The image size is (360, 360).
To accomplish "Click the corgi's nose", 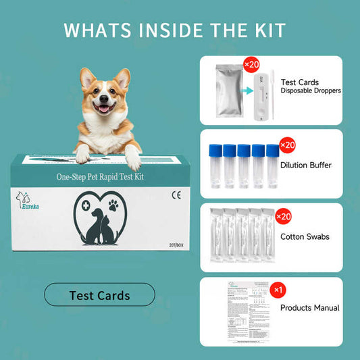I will [x=103, y=99].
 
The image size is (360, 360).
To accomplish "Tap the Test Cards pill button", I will [x=99, y=295].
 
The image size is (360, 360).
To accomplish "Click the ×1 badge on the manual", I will [x=278, y=289].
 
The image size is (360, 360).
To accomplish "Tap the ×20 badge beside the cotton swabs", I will [x=284, y=216].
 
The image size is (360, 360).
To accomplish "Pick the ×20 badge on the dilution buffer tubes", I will [x=287, y=145].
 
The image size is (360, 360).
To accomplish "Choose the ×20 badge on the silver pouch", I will [x=251, y=65].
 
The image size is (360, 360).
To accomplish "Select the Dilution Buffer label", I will [x=306, y=164].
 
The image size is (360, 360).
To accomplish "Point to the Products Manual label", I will [x=309, y=308].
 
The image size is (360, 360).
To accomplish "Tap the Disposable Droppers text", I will [x=311, y=91].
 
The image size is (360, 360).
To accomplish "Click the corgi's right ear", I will [x=87, y=78].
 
